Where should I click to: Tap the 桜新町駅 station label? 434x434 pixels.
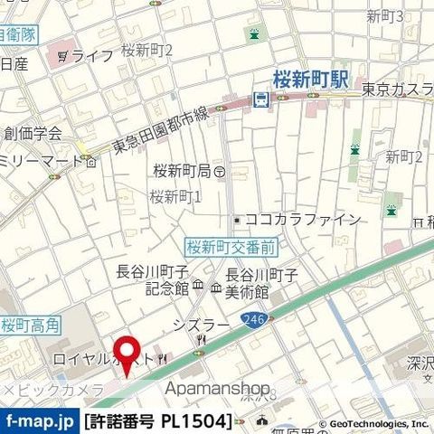[x=312, y=80]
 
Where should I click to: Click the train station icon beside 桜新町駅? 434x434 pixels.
[x=261, y=100]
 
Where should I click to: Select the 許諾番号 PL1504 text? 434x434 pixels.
[x=157, y=420]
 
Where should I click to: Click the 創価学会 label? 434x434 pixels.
[x=33, y=132]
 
